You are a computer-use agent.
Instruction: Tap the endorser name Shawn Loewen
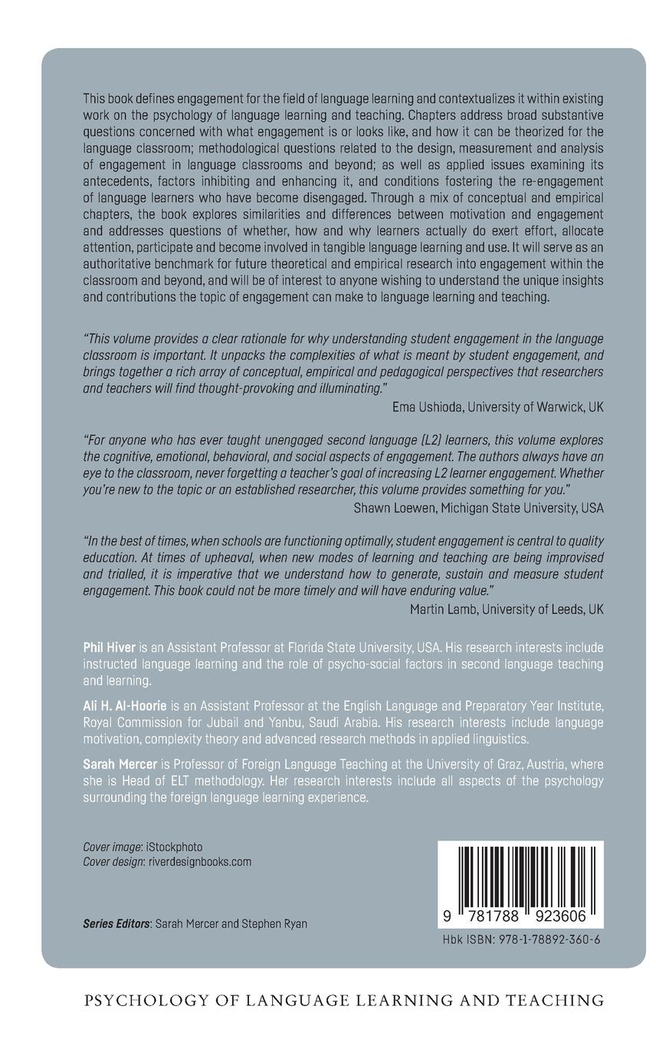(390, 508)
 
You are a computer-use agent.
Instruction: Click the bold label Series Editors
(116, 924)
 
